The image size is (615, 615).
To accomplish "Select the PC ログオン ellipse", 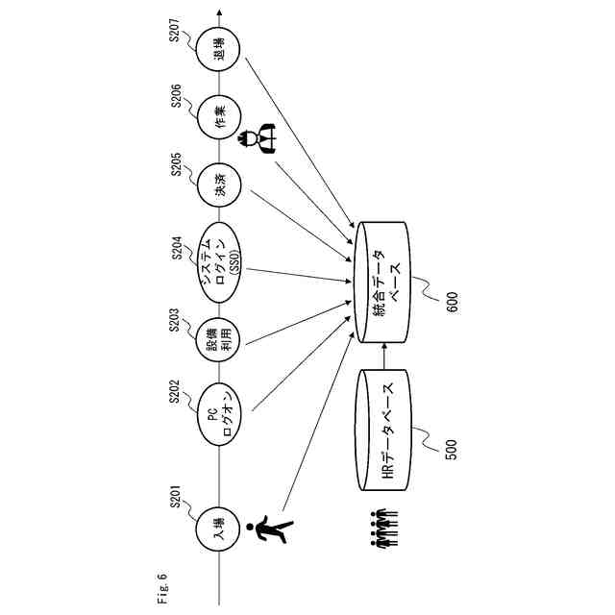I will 220,414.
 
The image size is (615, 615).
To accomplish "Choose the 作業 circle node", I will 220,119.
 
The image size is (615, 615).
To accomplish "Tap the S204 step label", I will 176,248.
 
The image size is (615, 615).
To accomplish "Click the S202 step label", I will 176,394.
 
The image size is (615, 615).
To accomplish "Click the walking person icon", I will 271,530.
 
